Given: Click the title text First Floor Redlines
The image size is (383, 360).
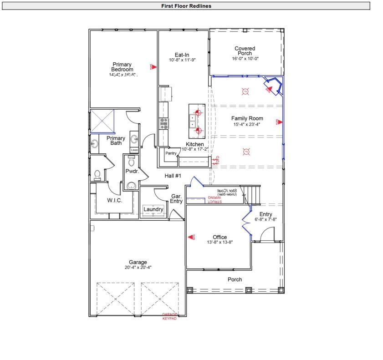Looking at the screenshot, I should tap(186, 6).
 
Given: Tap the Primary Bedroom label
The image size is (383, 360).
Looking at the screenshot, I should tap(122, 67).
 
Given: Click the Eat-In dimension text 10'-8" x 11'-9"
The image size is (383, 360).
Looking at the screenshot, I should tap(182, 60).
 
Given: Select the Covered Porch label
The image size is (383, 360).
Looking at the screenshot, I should tap(245, 51).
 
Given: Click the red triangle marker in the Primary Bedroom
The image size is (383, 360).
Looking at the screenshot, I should tap(154, 66).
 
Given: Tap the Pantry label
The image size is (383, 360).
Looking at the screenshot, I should tap(171, 153).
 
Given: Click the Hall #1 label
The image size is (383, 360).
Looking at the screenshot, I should tap(173, 176).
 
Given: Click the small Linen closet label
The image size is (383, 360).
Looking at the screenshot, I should tap(134, 150).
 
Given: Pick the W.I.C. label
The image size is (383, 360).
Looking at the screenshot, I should tap(114, 200).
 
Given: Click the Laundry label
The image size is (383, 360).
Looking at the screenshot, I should tap(153, 209).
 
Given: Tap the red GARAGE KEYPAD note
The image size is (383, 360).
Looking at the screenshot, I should tap(169, 316).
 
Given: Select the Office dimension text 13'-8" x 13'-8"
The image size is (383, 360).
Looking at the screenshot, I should tap(220, 243).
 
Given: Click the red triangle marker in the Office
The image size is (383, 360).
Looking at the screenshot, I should tap(191, 238).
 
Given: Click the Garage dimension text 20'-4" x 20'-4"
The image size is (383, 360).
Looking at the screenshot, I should tap(138, 267).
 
